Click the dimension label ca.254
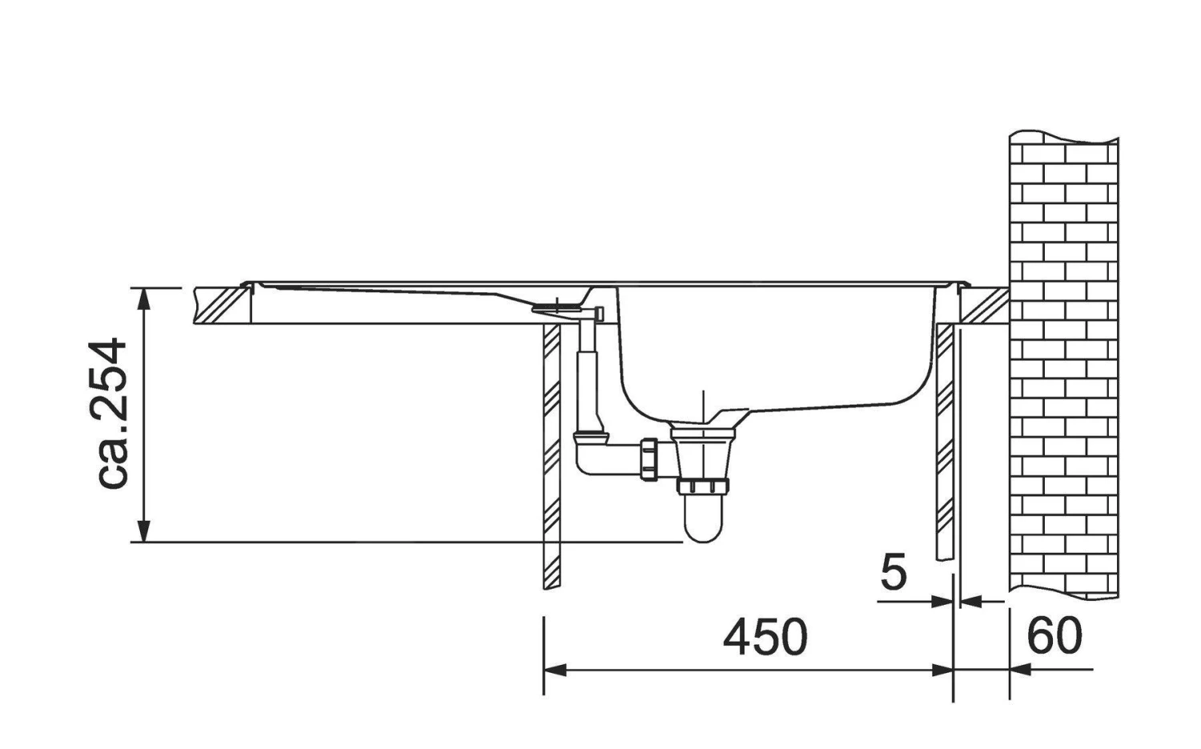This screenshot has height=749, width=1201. [110, 413]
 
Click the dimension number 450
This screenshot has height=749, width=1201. [765, 638]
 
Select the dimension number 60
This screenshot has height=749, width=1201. [1054, 637]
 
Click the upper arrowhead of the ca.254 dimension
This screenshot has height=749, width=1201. [144, 297]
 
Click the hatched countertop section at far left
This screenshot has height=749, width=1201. [220, 304]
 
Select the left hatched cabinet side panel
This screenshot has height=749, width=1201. [552, 457]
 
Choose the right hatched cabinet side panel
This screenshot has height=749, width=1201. [945, 441]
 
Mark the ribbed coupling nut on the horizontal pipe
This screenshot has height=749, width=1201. [648, 460]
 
